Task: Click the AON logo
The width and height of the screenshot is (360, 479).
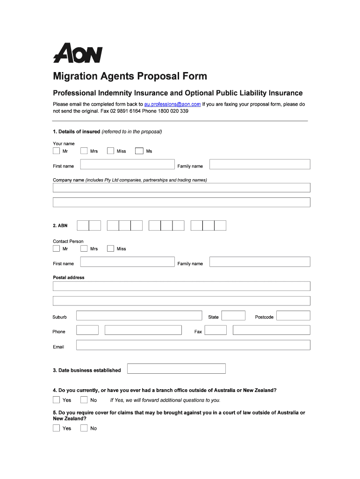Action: (x=77, y=53)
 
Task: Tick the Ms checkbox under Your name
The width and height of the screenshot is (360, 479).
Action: (x=139, y=151)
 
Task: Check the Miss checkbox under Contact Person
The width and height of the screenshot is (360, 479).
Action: (x=111, y=248)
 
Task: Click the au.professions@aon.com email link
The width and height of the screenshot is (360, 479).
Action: (x=173, y=104)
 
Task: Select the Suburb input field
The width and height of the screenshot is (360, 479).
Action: (x=139, y=316)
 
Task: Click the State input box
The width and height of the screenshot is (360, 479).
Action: (x=233, y=316)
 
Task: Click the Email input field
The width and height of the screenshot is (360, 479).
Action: (x=193, y=345)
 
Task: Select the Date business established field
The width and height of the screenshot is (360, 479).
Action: (x=176, y=369)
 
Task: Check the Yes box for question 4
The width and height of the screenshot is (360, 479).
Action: (x=57, y=400)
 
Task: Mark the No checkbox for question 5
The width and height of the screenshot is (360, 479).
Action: (x=84, y=428)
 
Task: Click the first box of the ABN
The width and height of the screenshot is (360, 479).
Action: (x=83, y=225)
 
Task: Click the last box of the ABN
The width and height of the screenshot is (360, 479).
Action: (x=220, y=225)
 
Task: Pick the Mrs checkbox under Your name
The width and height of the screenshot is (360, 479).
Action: (x=84, y=151)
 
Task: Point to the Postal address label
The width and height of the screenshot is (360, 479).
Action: (x=69, y=277)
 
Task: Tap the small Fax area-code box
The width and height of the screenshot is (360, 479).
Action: (x=216, y=330)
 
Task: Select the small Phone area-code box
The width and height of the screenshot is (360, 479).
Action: (x=87, y=330)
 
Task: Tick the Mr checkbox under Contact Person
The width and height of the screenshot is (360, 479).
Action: (x=57, y=248)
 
